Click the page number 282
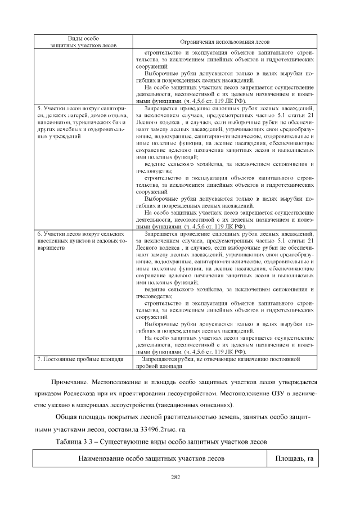179,478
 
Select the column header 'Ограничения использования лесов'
224,42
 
